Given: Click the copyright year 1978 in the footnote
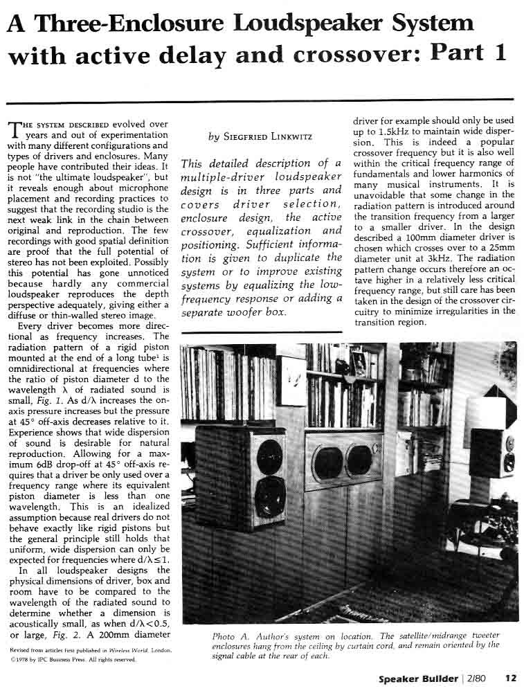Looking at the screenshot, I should click(x=20, y=659).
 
